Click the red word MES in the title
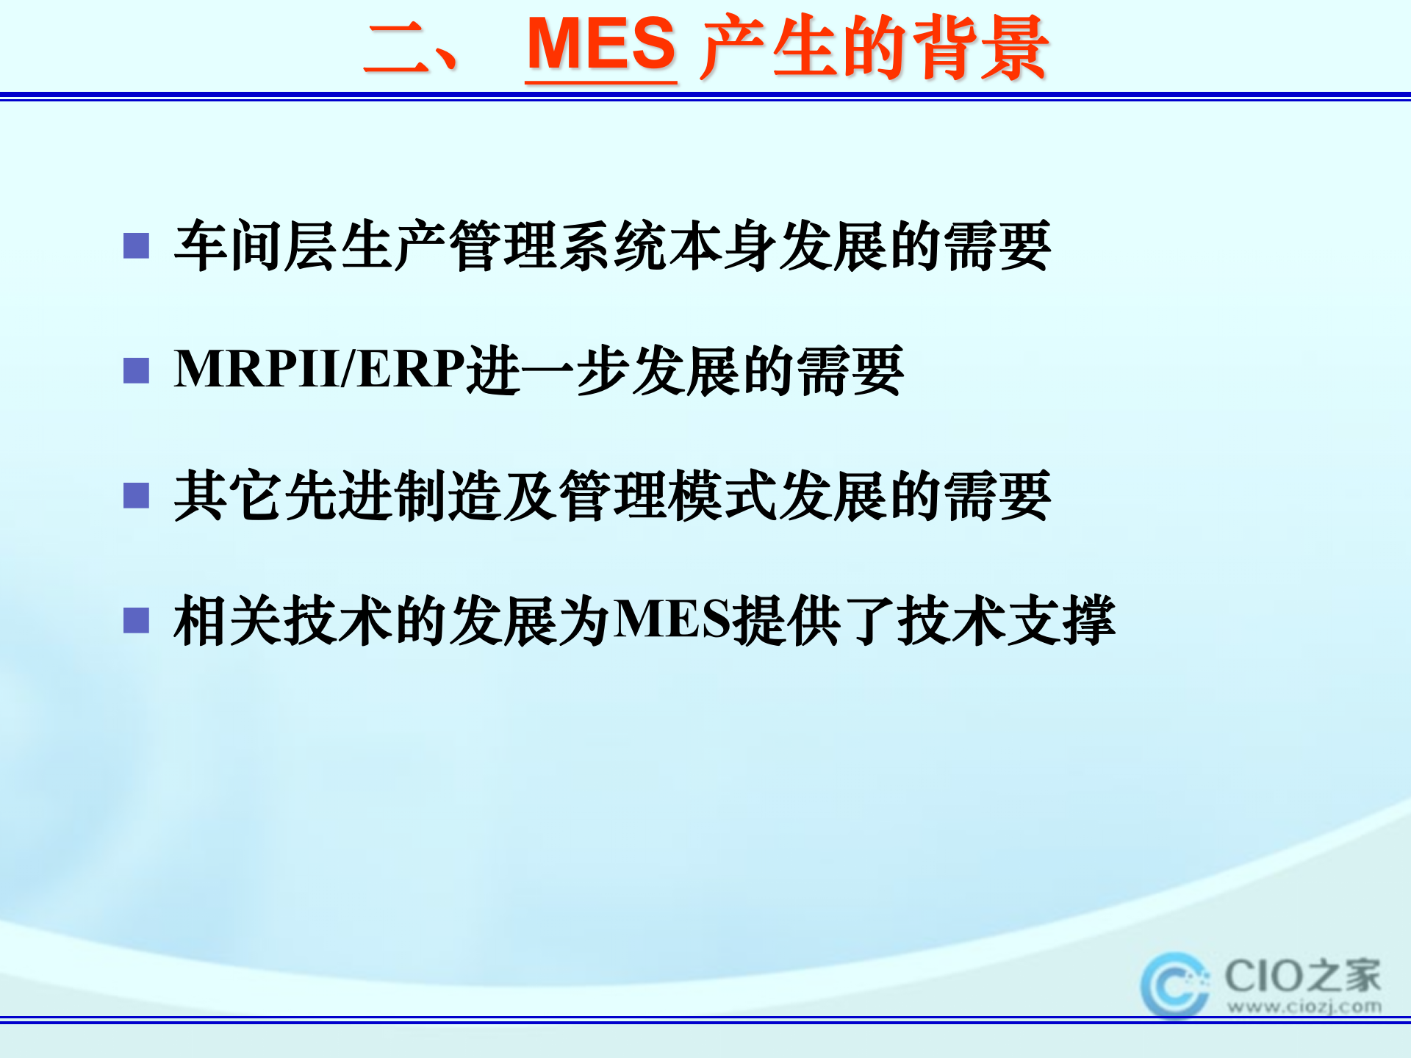601,46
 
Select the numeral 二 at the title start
397,48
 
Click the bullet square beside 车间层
136,245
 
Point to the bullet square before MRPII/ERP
136,370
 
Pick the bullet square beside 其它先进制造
136,495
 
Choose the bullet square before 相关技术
136,620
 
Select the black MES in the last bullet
673,620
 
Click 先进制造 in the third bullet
393,496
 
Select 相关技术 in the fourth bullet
283,621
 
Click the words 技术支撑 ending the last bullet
1007,621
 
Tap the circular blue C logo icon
1174,985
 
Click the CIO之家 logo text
1302,976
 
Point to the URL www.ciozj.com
1304,1007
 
